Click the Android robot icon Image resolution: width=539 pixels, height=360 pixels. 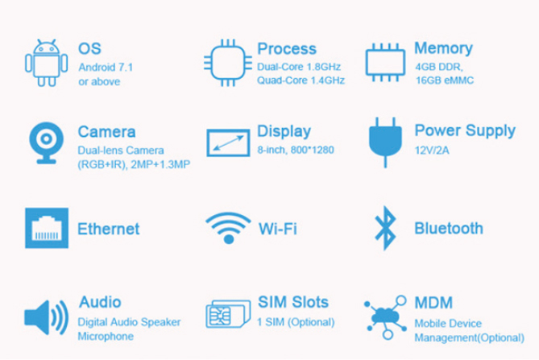(46, 63)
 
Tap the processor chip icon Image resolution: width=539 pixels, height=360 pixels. (228, 63)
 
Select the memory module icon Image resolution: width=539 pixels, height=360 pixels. (385, 63)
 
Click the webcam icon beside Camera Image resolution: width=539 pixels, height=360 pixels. (47, 143)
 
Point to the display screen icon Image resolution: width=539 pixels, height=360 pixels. (228, 143)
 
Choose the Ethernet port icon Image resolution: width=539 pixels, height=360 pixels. (47, 228)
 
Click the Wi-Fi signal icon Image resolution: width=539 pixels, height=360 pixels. (228, 228)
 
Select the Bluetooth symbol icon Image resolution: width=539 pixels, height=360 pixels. (385, 228)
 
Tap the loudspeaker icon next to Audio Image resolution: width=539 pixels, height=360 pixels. (47, 317)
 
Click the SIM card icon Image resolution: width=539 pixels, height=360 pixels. (228, 314)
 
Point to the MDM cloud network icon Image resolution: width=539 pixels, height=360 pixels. (385, 317)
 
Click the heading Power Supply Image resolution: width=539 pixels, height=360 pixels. (465, 131)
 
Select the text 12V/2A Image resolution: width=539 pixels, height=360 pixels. (432, 151)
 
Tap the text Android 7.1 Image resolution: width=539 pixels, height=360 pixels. (106, 68)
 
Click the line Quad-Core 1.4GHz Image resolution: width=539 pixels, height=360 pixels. (301, 81)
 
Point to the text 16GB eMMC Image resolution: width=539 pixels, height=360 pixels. (445, 81)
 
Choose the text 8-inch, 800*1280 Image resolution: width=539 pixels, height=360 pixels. (296, 150)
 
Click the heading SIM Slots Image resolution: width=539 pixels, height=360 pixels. (293, 302)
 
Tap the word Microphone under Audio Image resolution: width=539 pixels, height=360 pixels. (106, 336)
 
